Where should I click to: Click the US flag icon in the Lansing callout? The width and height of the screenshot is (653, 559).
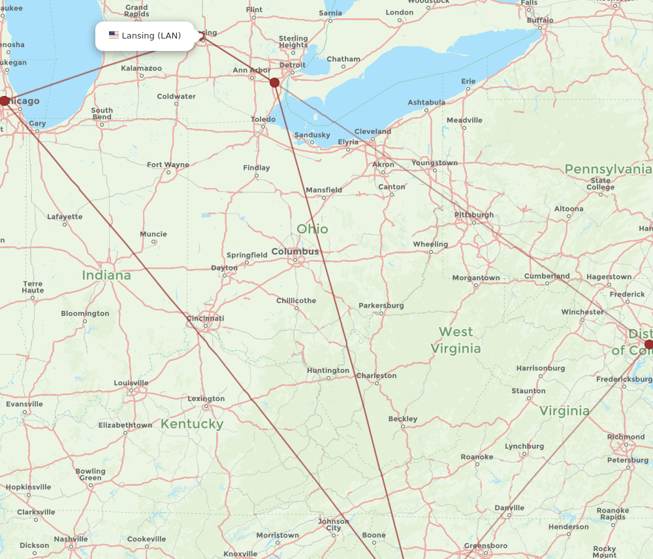click(x=114, y=35)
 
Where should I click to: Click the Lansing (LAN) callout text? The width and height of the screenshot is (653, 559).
click(x=151, y=36)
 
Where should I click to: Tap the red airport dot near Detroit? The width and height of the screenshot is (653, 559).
click(x=274, y=83)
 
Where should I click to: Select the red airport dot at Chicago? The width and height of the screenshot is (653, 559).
click(x=5, y=101)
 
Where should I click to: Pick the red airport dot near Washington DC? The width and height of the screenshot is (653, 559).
click(x=648, y=344)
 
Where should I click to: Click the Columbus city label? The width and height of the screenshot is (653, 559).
click(x=295, y=251)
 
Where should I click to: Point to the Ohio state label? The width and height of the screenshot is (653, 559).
click(x=312, y=229)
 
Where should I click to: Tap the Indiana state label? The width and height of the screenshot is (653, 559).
click(x=106, y=276)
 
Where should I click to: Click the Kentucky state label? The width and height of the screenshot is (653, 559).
click(x=192, y=424)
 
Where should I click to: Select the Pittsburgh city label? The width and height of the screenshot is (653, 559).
click(x=474, y=215)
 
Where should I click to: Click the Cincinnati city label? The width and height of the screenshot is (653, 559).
click(x=205, y=319)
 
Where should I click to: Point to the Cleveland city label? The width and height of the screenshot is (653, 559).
click(x=372, y=131)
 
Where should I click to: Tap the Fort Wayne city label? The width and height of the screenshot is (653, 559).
click(x=168, y=165)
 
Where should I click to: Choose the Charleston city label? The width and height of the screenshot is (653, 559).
click(x=376, y=375)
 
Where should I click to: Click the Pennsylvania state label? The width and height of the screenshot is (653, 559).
click(x=607, y=170)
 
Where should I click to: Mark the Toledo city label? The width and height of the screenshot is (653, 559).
click(x=263, y=120)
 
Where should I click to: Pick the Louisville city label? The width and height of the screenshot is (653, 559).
click(x=131, y=383)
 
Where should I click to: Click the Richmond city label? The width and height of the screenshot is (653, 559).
click(x=626, y=437)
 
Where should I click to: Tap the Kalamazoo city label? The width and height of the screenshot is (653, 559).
click(x=141, y=68)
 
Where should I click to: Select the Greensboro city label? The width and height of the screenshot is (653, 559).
click(x=485, y=545)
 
